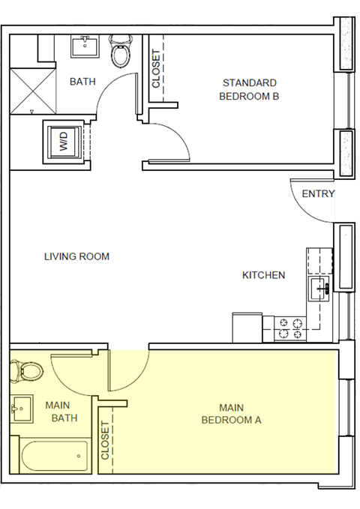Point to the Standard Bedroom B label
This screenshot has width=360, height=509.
pos(249,89)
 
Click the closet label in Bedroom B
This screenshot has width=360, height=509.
pos(157,68)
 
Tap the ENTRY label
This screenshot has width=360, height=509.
pos(318,194)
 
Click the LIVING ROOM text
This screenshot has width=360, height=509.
pos(76,256)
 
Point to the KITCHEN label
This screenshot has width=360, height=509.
pos(263,275)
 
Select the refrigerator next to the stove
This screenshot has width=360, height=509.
pos(247,327)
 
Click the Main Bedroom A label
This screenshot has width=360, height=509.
pos(231,413)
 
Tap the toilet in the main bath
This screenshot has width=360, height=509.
pos(28,370)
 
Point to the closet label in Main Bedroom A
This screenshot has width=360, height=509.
pos(104,441)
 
